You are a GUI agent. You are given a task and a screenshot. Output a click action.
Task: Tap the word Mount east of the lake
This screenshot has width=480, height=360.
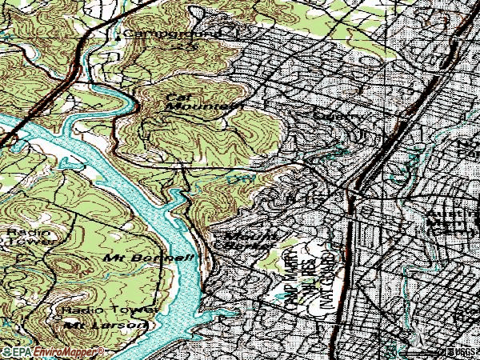pyautogui.click(x=239, y=236)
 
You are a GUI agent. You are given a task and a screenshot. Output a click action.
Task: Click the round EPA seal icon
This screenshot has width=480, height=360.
pyautogui.click(x=6, y=351)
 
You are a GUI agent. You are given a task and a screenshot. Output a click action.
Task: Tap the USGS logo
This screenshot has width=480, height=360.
pyautogui.click(x=462, y=351)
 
